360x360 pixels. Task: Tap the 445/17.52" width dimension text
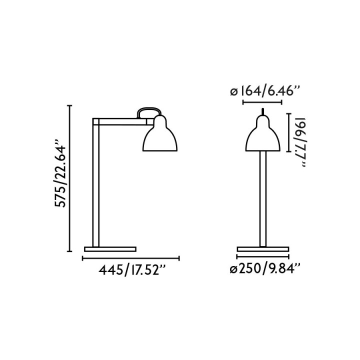[132, 270]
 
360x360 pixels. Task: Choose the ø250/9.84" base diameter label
[265, 268]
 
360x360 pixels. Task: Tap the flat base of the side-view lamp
[110, 249]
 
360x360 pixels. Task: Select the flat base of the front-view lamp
[263, 249]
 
